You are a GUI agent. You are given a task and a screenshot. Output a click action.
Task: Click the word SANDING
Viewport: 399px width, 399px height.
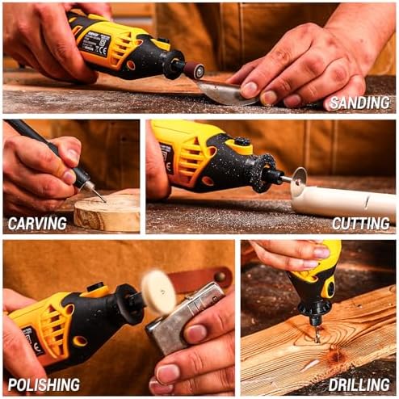pyautogui.click(x=359, y=103)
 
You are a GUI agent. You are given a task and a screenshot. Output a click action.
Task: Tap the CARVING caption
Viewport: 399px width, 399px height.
pyautogui.click(x=37, y=224)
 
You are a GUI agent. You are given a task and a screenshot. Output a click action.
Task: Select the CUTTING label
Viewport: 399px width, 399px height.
pyautogui.click(x=361, y=224)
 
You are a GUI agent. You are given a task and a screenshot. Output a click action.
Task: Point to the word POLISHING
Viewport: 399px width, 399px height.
pyautogui.click(x=44, y=384)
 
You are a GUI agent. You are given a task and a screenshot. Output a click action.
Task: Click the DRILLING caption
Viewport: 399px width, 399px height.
pyautogui.click(x=359, y=384)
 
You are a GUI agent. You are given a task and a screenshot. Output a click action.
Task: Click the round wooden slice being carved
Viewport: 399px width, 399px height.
pyautogui.click(x=107, y=212)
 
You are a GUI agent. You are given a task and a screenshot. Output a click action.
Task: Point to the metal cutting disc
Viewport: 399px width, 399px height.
pyautogui.click(x=300, y=180)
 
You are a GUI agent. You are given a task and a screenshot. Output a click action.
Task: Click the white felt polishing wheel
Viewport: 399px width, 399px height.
pyautogui.click(x=158, y=292)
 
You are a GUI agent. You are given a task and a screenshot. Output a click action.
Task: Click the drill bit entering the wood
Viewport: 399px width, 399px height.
pyautogui.click(x=317, y=334)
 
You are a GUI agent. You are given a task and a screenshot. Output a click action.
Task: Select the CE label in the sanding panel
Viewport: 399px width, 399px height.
pyautogui.click(x=103, y=50)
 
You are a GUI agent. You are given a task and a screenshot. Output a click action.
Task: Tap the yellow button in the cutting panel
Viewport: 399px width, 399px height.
pyautogui.click(x=242, y=145)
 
